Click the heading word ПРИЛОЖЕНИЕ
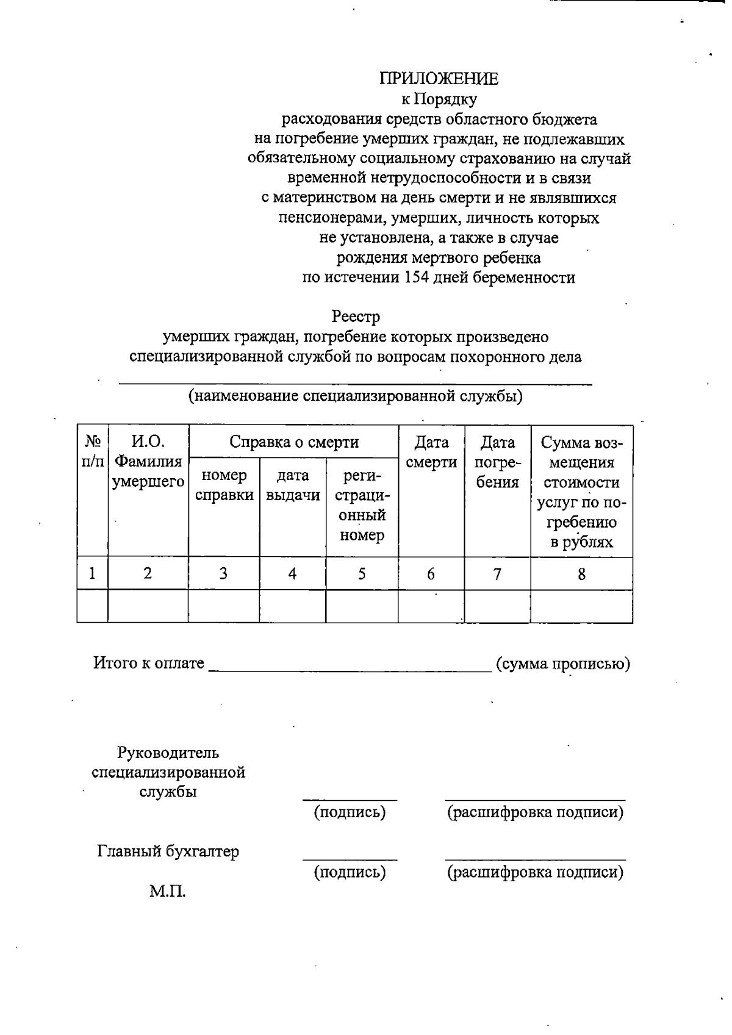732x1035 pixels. pyautogui.click(x=439, y=79)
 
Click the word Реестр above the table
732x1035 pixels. pyautogui.click(x=356, y=317)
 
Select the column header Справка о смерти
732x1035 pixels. pyautogui.click(x=293, y=442)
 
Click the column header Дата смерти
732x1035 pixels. pyautogui.click(x=431, y=452)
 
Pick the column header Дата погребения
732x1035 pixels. pyautogui.click(x=497, y=462)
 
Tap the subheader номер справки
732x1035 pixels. pyautogui.click(x=224, y=485)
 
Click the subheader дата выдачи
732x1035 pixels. pyautogui.click(x=293, y=485)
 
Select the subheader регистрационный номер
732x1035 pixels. pyautogui.click(x=362, y=505)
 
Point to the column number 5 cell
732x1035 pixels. pyautogui.click(x=362, y=573)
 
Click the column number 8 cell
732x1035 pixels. pyautogui.click(x=581, y=573)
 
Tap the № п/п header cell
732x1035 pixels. pyautogui.click(x=92, y=451)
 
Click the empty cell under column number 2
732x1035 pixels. pyautogui.click(x=148, y=606)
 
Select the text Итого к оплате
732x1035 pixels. pyautogui.click(x=148, y=663)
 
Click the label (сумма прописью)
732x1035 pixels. pyautogui.click(x=562, y=664)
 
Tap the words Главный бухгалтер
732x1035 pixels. pyautogui.click(x=168, y=851)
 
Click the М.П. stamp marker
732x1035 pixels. pyautogui.click(x=167, y=892)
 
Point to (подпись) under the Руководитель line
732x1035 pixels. pyautogui.click(x=350, y=812)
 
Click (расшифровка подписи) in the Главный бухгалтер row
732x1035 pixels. pyautogui.click(x=535, y=872)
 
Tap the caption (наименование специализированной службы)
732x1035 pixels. pyautogui.click(x=355, y=396)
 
